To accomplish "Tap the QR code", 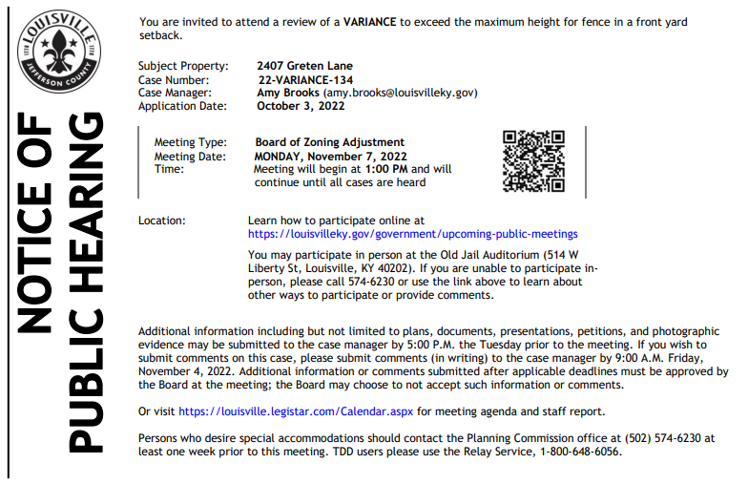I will [534, 160].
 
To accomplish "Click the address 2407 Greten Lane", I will [304, 66].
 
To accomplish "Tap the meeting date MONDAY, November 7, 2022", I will [330, 156].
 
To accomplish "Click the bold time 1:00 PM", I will [387, 169].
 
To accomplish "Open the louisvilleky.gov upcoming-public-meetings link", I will [412, 233].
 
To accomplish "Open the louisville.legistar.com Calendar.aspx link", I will [296, 412].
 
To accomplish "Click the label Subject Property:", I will [183, 66].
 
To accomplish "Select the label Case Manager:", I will [175, 94].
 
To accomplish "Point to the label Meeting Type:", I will [191, 142].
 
